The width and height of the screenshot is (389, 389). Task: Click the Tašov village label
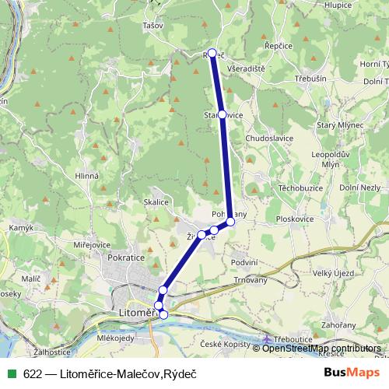coord(153,26)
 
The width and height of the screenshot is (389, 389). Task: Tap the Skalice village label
coord(156,202)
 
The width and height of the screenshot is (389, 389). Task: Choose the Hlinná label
coord(86,176)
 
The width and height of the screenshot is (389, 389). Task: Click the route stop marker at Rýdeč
coord(212,53)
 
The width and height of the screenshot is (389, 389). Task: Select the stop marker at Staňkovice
coord(223,114)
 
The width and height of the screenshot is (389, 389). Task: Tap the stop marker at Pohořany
coord(230,222)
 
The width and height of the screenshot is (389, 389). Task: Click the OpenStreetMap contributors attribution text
coord(322,348)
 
